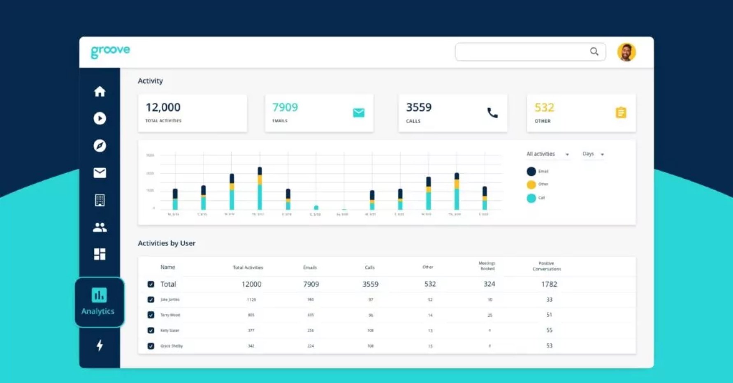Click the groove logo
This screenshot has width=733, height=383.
tap(110, 51)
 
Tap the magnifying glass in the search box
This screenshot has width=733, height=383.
tap(594, 52)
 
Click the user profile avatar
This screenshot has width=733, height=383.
tap(626, 52)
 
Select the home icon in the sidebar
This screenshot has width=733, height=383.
tap(100, 91)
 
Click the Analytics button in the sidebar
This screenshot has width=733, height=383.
tap(99, 302)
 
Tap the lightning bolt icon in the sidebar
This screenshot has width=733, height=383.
tap(100, 345)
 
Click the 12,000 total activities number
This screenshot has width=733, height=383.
tap(163, 108)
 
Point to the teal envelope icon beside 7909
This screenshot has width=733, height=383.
tap(358, 113)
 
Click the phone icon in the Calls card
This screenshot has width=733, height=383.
tap(492, 113)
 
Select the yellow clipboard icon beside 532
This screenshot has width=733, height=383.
tap(621, 113)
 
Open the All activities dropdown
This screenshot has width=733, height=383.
tap(548, 154)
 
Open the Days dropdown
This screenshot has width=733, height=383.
tap(593, 154)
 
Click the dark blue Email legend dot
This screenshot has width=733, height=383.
tap(531, 171)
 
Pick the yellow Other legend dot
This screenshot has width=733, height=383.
tap(531, 185)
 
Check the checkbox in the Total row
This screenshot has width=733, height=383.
tap(151, 284)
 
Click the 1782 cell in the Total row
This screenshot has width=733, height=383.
tap(549, 284)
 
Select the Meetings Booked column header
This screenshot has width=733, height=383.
tap(487, 266)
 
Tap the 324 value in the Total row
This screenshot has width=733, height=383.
tap(489, 284)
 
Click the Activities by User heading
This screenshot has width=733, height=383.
tap(167, 243)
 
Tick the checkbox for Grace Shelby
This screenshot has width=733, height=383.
tap(151, 346)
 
